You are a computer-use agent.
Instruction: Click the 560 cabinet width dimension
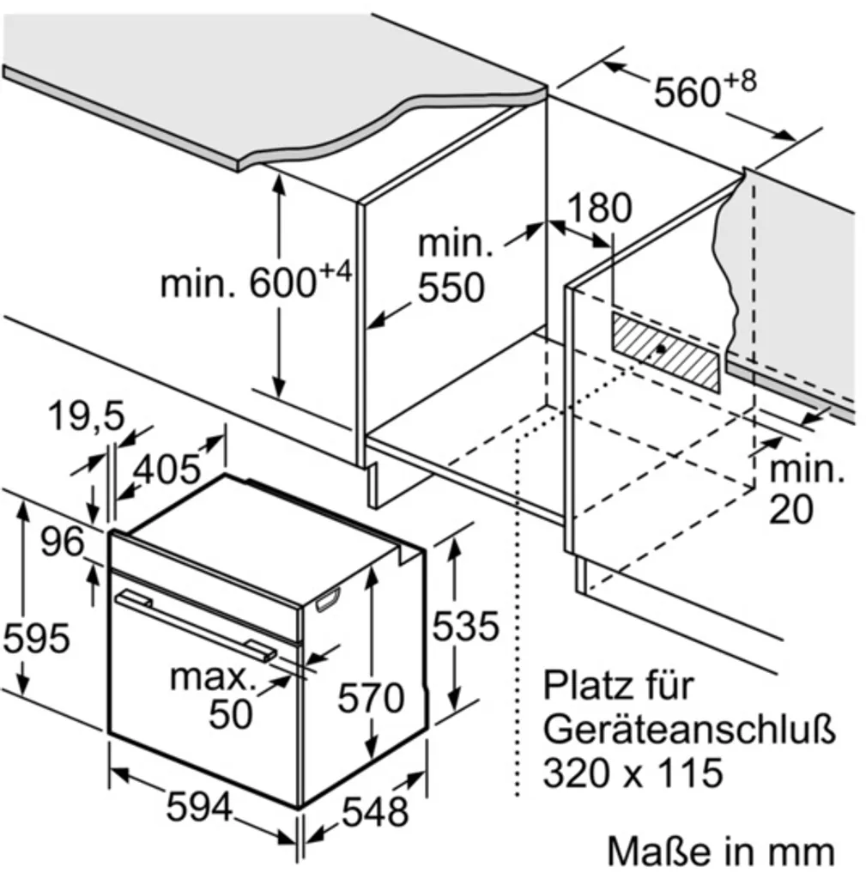(706, 88)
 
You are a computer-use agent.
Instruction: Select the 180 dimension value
(599, 208)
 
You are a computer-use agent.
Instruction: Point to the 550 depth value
(451, 288)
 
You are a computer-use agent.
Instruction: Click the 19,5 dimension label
(86, 416)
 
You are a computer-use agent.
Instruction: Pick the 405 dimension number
(167, 469)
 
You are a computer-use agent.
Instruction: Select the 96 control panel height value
(63, 542)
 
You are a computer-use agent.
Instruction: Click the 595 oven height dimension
(36, 638)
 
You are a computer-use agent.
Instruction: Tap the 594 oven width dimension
(199, 807)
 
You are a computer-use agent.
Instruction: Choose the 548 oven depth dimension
(375, 811)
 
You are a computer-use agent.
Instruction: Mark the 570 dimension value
(371, 698)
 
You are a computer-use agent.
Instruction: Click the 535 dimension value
(465, 626)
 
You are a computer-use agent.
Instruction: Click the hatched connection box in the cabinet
(666, 351)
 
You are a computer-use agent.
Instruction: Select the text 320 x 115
(633, 773)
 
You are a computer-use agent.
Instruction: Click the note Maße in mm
(721, 851)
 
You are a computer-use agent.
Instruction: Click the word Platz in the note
(596, 686)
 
